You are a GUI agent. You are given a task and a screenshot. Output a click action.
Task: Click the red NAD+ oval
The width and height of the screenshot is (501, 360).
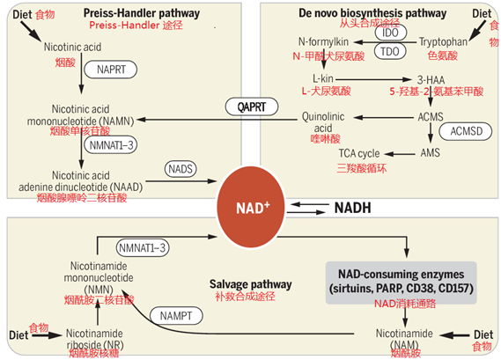(x=249, y=209)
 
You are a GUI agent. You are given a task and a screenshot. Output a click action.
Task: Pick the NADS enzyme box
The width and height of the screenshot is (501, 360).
(x=181, y=166)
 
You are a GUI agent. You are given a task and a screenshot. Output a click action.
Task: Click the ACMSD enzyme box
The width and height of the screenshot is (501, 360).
(x=453, y=131)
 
